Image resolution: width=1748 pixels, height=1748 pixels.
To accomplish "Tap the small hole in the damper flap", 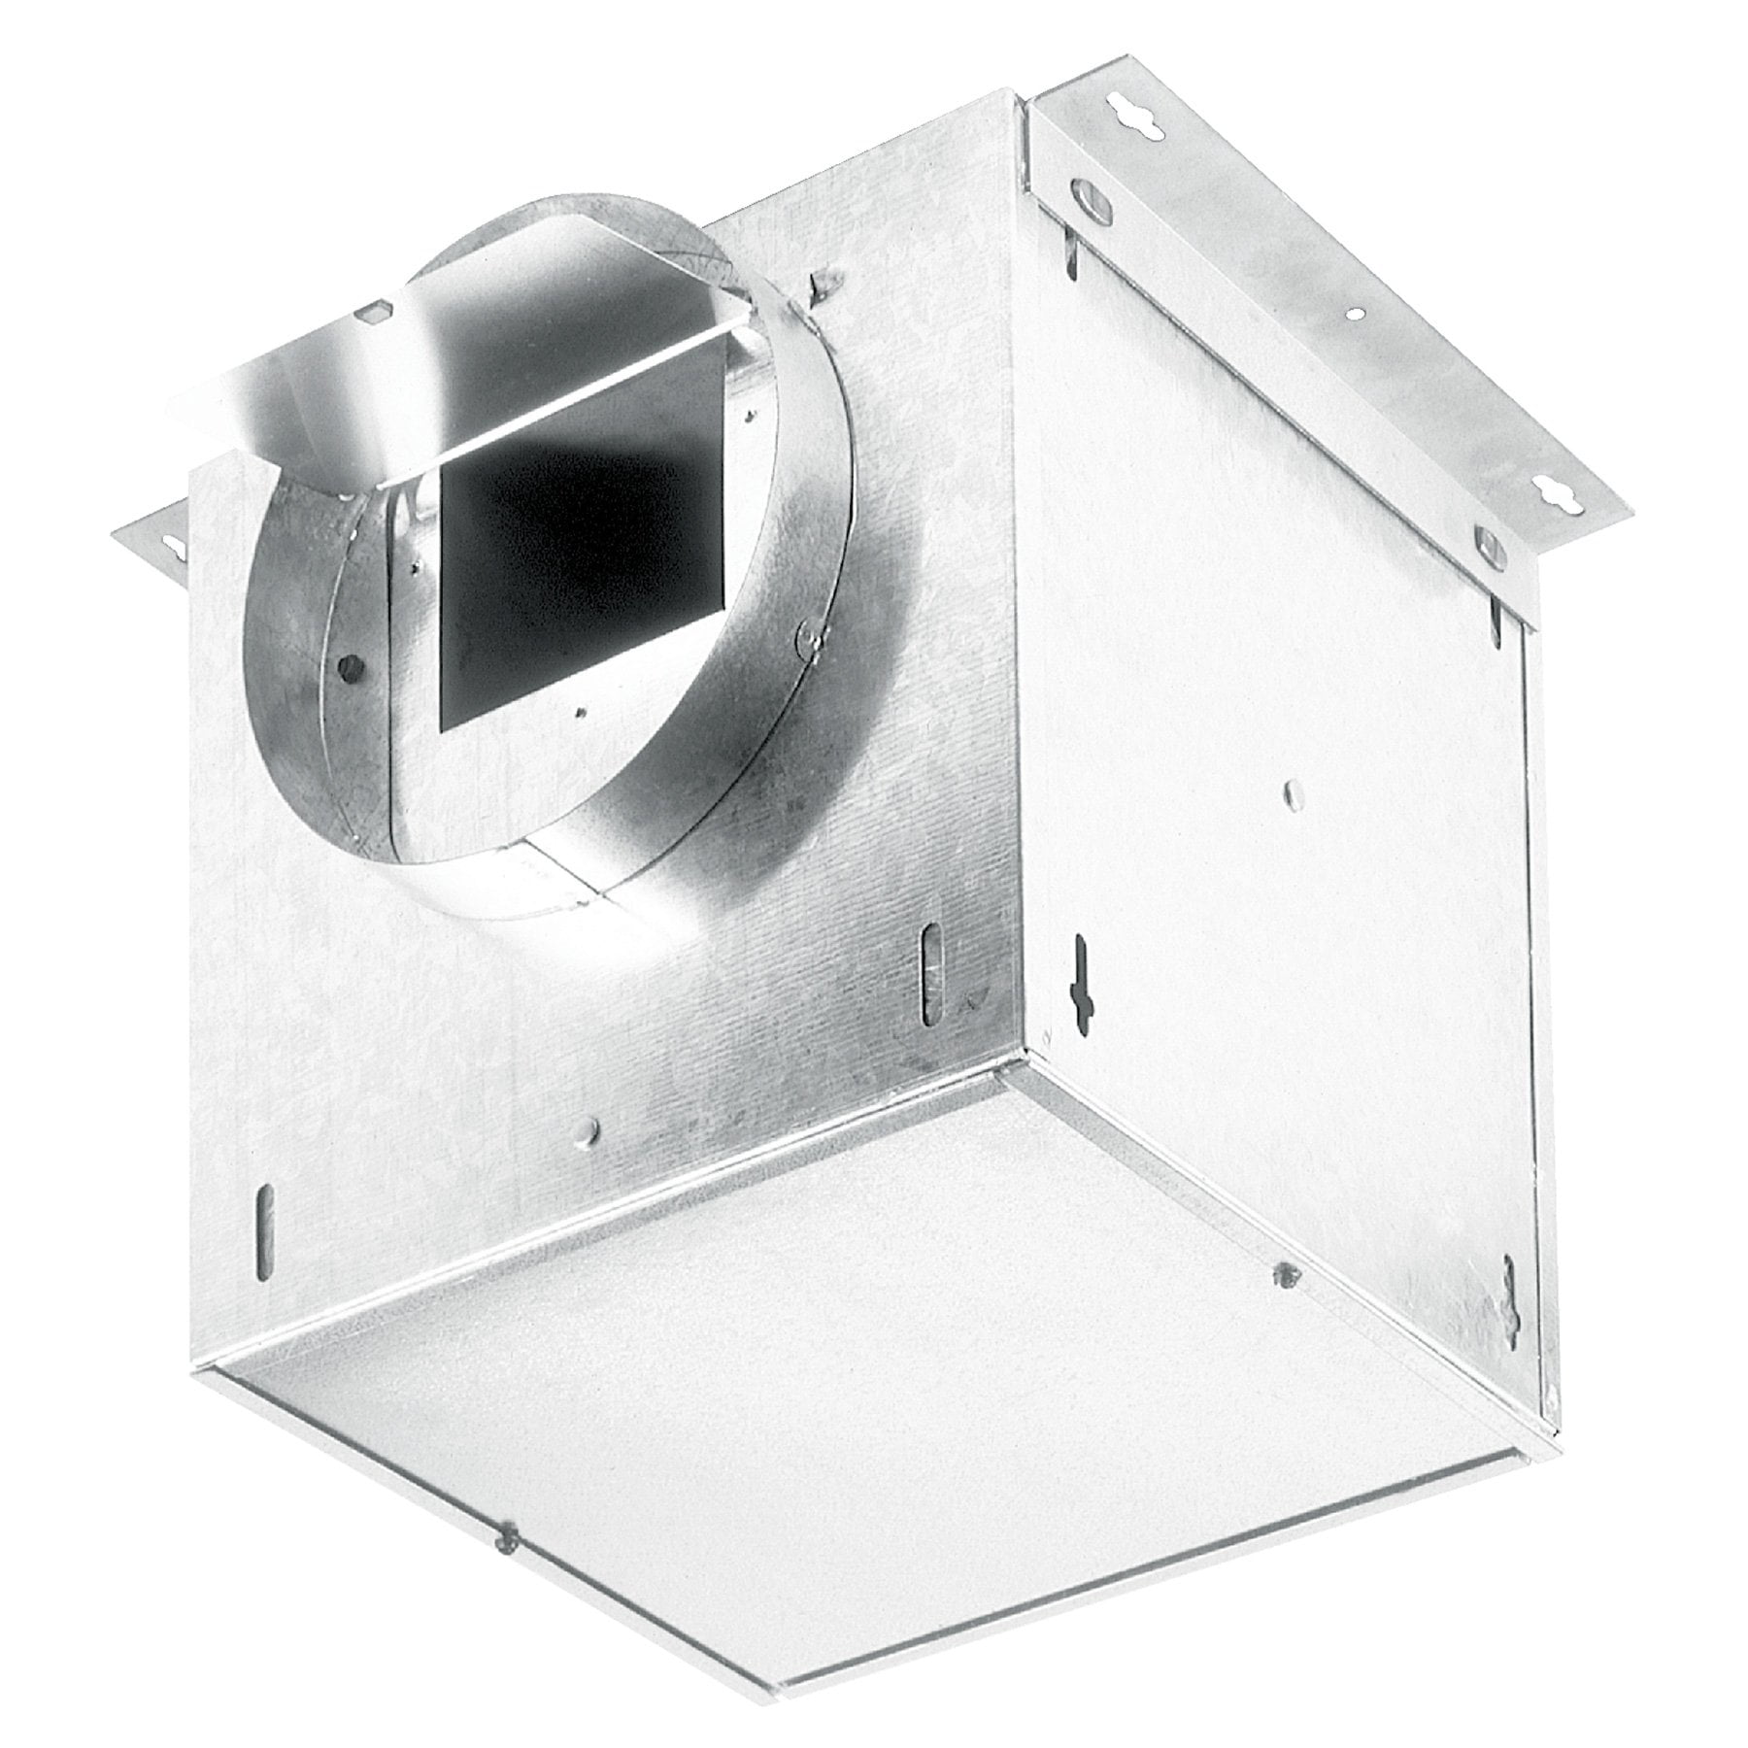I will click(x=372, y=313).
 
